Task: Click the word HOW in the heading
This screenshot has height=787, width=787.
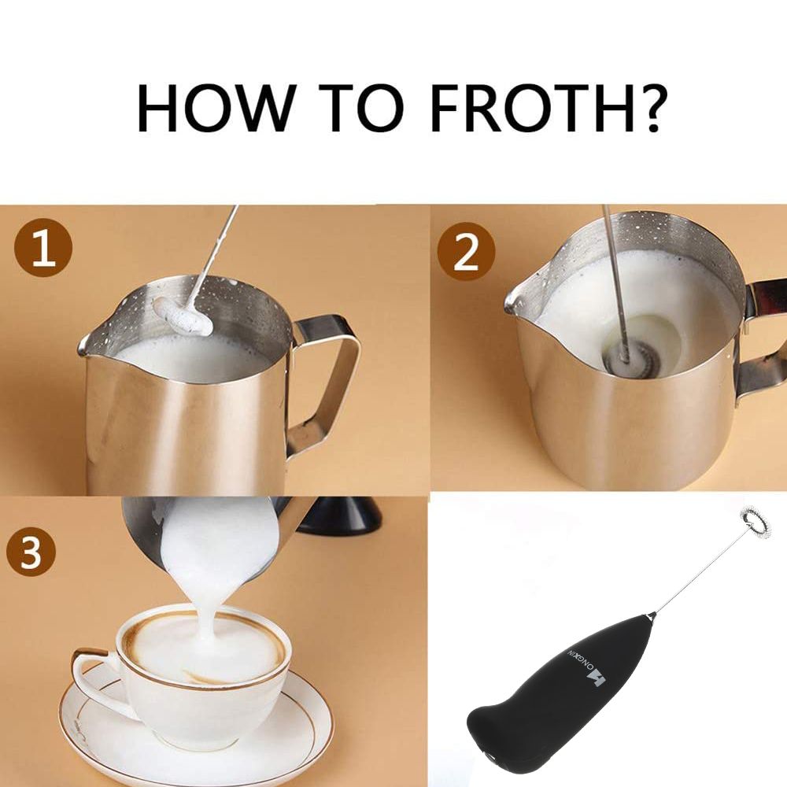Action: [214, 109]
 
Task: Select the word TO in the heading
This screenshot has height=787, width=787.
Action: [361, 109]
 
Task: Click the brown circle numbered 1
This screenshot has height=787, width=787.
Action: [43, 248]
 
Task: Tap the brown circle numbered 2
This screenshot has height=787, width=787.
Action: [466, 251]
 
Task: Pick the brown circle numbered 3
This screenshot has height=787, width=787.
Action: [31, 551]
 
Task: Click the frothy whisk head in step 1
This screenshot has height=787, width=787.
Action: [183, 316]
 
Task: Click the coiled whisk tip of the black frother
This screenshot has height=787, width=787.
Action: [756, 522]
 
